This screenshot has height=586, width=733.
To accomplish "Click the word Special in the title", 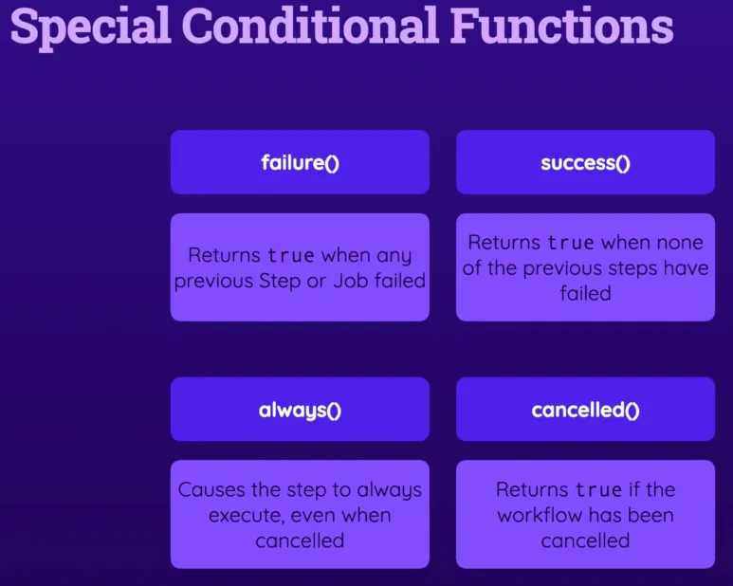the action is click(91, 27).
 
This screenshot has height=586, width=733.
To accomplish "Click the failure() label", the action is click(300, 162).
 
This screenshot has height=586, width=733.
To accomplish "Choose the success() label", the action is click(585, 163).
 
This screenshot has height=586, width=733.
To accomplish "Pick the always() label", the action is click(300, 410).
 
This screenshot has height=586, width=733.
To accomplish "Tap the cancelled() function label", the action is click(585, 410).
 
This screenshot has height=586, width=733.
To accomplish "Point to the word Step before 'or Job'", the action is click(280, 282).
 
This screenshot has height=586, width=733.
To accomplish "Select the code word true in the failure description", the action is click(291, 255).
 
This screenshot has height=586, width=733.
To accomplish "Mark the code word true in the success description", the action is click(571, 243).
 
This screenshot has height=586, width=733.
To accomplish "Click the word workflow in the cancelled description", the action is click(540, 515).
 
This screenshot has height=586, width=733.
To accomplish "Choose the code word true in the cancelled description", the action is click(599, 489).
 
